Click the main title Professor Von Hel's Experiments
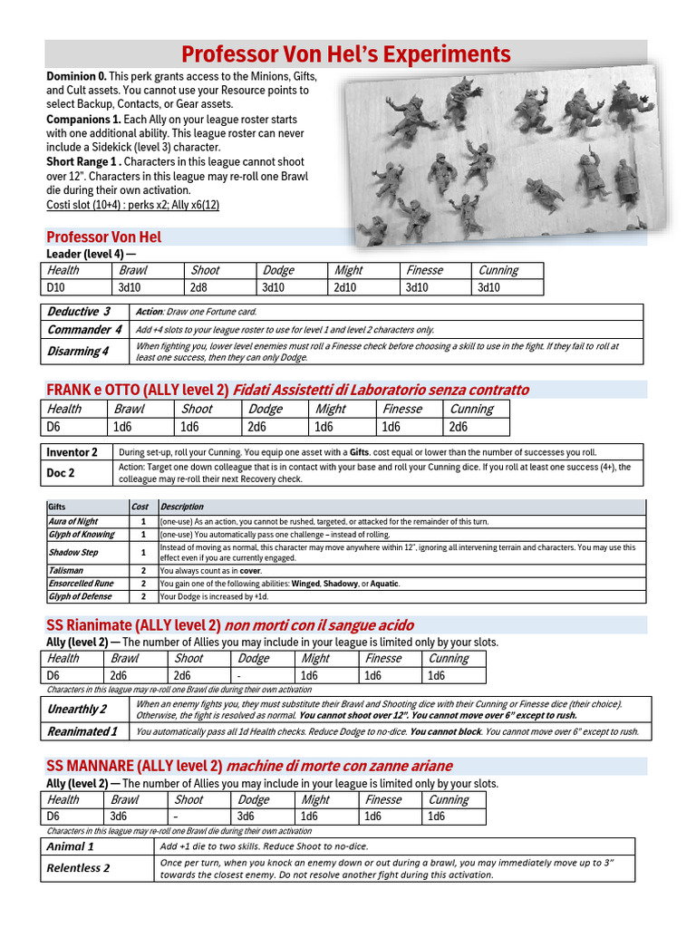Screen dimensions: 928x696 pos(346,53)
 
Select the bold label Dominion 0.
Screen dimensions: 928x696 pos(76,76)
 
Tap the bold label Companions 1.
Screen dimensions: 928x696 pos(82,120)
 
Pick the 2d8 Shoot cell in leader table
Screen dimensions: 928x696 pos(198,287)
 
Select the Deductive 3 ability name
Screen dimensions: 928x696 pos(79,312)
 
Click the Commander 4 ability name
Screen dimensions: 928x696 pos(84,330)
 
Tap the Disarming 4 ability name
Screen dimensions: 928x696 pos(78,351)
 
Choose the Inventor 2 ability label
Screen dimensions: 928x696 pos(72,451)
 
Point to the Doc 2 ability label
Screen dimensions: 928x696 pos(61,472)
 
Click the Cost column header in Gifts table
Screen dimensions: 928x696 pos(140,507)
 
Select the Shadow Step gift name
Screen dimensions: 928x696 pos(73,551)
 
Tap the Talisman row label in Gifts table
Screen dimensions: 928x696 pos(65,570)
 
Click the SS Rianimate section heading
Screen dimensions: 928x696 pos(133,625)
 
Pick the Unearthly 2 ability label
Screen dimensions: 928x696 pos(77,709)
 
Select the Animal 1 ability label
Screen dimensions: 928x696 pos(71,846)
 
